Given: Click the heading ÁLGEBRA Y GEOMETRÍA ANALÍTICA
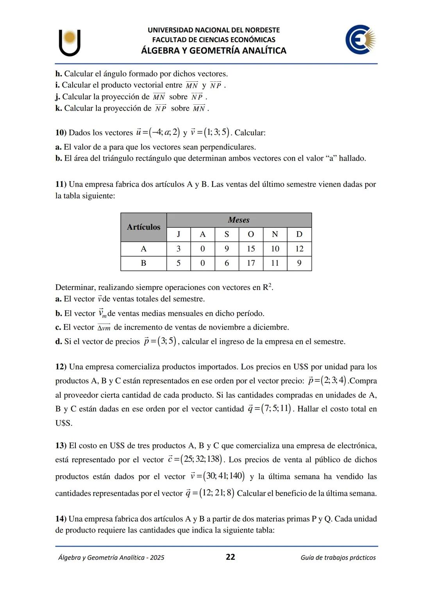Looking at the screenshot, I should coord(213,51).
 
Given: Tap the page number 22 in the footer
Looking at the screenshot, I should coord(231,557).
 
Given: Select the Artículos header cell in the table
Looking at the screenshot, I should coord(143,227).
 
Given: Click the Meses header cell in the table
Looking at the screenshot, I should coord(239,220).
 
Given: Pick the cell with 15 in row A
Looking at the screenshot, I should coord(251,249).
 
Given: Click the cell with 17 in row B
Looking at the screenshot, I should coord(251,263).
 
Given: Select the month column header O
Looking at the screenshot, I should coord(251,234).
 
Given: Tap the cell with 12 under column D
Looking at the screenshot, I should coord(299,249).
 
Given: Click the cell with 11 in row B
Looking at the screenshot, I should coord(275,263).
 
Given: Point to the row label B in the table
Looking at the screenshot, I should coord(143,263).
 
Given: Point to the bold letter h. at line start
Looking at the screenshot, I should coord(59,74).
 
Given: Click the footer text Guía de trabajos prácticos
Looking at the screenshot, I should coord(338,558).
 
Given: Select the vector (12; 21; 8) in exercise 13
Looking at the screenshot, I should coord(217,493).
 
